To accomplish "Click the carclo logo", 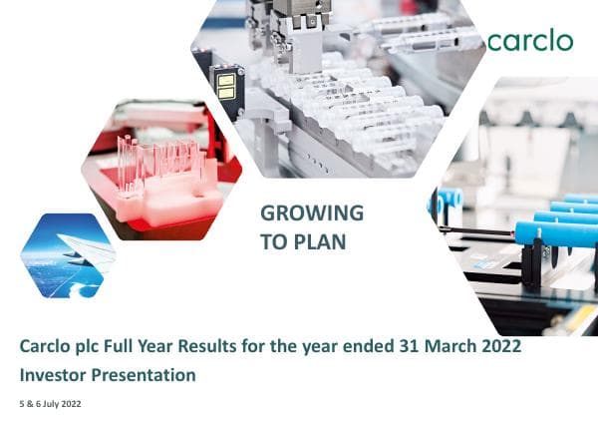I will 529,40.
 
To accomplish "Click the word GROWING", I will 311,212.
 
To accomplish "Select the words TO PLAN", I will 302,240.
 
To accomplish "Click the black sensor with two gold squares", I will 226,89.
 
